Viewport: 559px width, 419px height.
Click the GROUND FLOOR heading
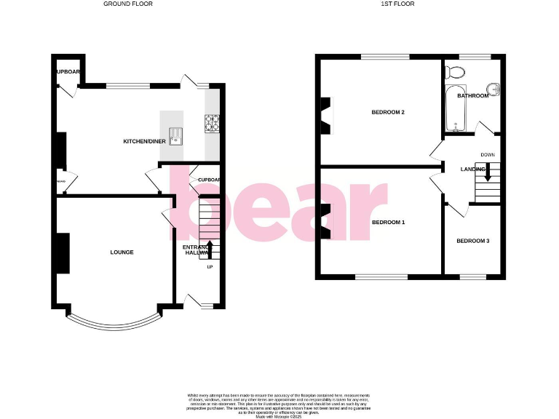pos(128,4)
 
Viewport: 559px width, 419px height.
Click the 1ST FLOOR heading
pos(377,4)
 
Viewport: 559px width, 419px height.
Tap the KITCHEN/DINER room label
pos(144,141)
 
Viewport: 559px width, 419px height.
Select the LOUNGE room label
pos(122,252)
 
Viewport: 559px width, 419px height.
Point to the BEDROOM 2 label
pos(388,112)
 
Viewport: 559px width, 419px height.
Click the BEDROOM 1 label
pos(388,222)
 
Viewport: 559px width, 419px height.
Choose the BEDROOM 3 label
pos(472,240)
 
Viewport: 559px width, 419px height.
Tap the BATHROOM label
pos(472,95)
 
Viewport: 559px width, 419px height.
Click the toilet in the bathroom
pos(456,71)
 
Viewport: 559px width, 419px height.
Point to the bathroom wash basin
pos(495,89)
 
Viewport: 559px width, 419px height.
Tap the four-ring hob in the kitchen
pos(213,124)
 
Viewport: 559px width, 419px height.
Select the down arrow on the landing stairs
pos(488,172)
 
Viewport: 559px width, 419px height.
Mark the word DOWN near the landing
pos(488,154)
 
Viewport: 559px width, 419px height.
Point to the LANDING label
pos(472,169)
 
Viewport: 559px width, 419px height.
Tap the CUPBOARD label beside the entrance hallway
pos(208,180)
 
